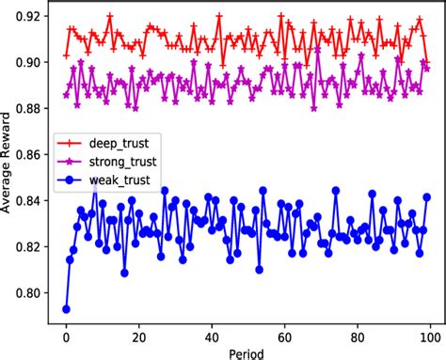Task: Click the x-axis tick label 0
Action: click(x=66, y=334)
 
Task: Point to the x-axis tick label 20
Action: click(x=139, y=334)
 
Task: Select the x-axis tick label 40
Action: click(x=213, y=334)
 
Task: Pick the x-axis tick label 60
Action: click(x=285, y=334)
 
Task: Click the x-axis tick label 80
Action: click(x=358, y=334)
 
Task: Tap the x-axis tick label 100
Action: click(x=431, y=334)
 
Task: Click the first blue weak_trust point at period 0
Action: click(x=66, y=308)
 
